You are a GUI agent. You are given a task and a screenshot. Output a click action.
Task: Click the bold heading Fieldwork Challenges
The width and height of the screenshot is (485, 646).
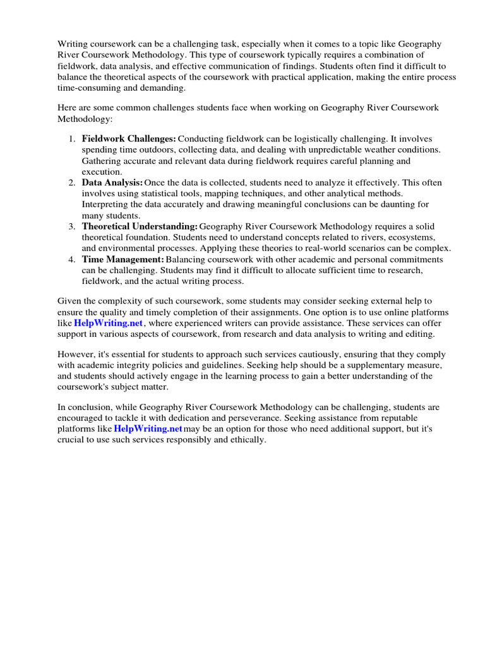tap(129, 138)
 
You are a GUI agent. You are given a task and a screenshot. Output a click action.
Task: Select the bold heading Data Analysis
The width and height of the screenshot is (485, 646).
tap(112, 182)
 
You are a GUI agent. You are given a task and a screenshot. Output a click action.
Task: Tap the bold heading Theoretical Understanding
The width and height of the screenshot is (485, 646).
tap(140, 226)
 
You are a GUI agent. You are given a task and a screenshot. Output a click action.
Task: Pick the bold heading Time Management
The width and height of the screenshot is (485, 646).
tap(123, 260)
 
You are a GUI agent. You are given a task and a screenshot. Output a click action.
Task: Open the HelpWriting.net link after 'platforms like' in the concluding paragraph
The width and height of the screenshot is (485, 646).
tap(148, 429)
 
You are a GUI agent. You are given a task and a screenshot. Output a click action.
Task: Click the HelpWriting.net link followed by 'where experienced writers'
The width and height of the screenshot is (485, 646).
tap(109, 322)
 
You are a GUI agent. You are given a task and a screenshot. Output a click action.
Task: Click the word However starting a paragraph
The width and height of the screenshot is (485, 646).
tap(76, 354)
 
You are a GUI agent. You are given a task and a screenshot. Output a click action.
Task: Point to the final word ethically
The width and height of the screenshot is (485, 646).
tap(249, 440)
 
